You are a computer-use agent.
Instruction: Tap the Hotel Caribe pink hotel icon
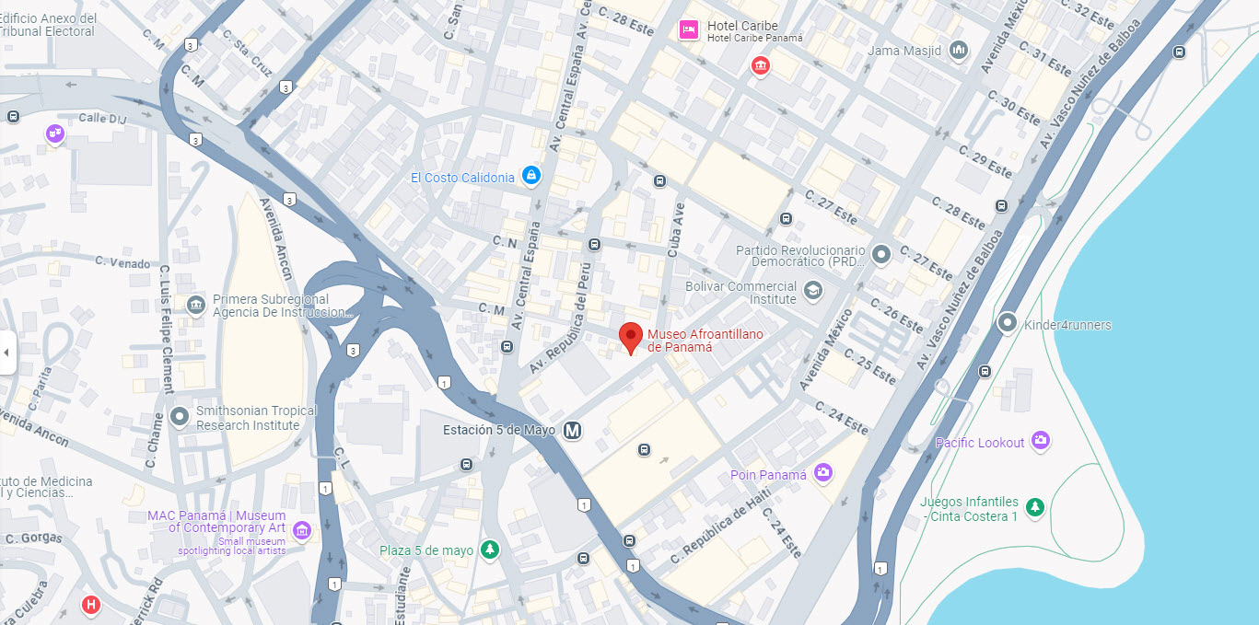688,30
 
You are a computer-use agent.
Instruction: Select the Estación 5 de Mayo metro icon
573,430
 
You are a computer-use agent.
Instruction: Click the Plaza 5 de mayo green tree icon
491,550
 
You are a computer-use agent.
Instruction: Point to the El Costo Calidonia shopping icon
530,175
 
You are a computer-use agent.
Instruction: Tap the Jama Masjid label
903,51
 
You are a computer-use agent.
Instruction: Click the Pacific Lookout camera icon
1041,442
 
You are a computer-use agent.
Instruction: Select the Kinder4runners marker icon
1008,324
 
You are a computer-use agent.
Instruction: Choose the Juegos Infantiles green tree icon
1036,507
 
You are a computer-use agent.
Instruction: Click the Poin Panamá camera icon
823,473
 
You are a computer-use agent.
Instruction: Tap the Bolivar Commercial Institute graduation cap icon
812,292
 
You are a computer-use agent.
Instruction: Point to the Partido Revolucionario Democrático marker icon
881,254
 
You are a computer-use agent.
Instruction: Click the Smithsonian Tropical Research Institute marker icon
180,417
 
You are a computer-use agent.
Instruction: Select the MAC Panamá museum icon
301,530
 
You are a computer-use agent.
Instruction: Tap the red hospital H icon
91,605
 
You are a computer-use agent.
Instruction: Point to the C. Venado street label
122,262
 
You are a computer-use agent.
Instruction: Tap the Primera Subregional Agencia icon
195,305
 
